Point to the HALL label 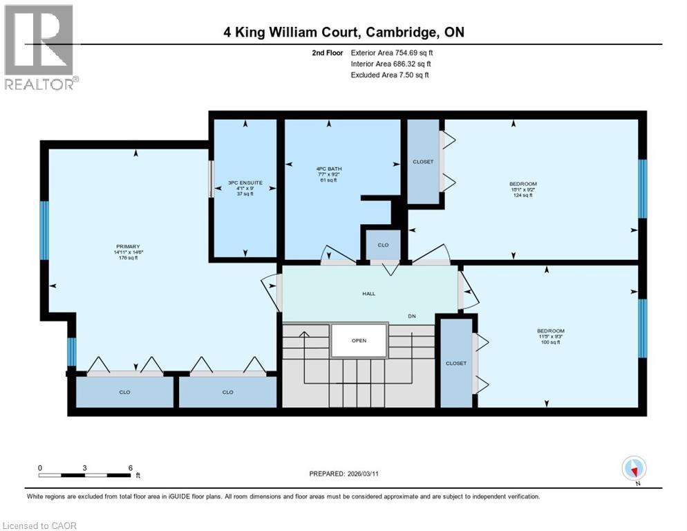(x=368, y=294)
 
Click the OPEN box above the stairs (x=358, y=340)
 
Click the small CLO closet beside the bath (x=382, y=245)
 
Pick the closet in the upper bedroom (x=423, y=162)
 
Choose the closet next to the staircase (x=455, y=363)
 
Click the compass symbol (x=634, y=469)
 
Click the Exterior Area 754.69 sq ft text (x=392, y=53)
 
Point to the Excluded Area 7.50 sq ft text (x=390, y=75)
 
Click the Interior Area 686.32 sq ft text (x=390, y=64)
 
